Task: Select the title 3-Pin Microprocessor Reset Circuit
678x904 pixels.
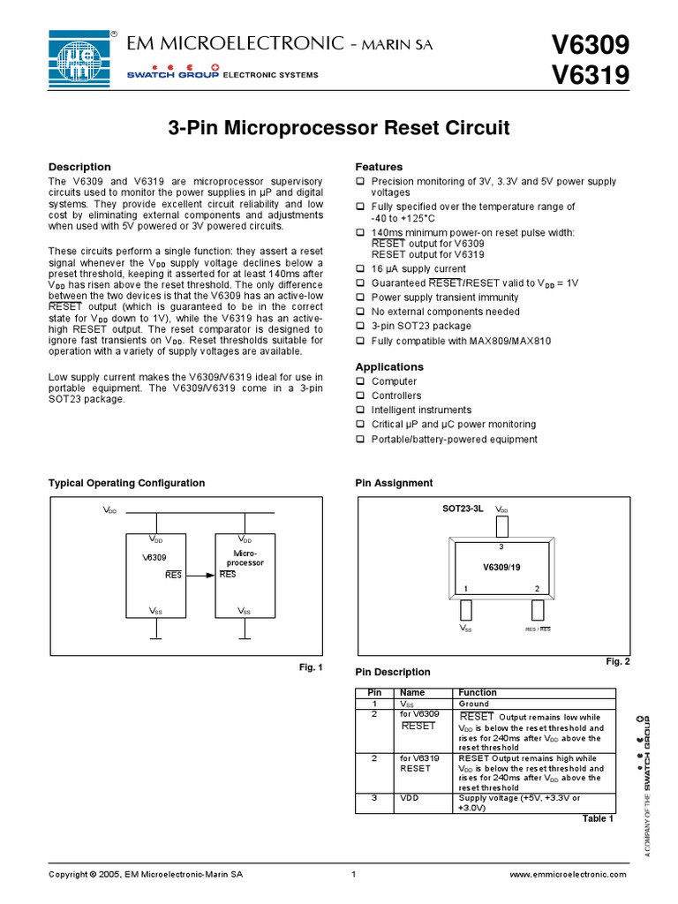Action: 339,129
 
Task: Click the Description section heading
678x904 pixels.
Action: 79,167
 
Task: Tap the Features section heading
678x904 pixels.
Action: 379,167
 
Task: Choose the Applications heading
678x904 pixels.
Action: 389,366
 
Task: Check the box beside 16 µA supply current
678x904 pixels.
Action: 360,268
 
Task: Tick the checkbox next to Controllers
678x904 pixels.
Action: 360,395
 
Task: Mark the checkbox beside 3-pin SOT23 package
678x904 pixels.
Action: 360,326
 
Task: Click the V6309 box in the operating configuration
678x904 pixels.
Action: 155,574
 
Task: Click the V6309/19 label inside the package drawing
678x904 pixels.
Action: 501,566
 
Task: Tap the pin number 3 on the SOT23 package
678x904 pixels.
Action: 501,547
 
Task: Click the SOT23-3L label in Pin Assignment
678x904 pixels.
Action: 463,510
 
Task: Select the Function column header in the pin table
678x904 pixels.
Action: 478,692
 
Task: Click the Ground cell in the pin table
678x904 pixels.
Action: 474,704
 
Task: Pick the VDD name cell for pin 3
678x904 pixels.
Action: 409,798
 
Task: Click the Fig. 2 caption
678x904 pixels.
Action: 617,661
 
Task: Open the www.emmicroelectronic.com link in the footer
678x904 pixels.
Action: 569,874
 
